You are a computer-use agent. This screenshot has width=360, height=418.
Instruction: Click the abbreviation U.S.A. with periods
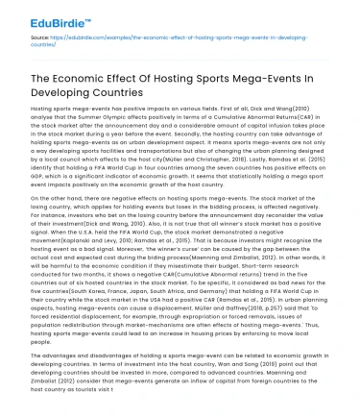[84, 227]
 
